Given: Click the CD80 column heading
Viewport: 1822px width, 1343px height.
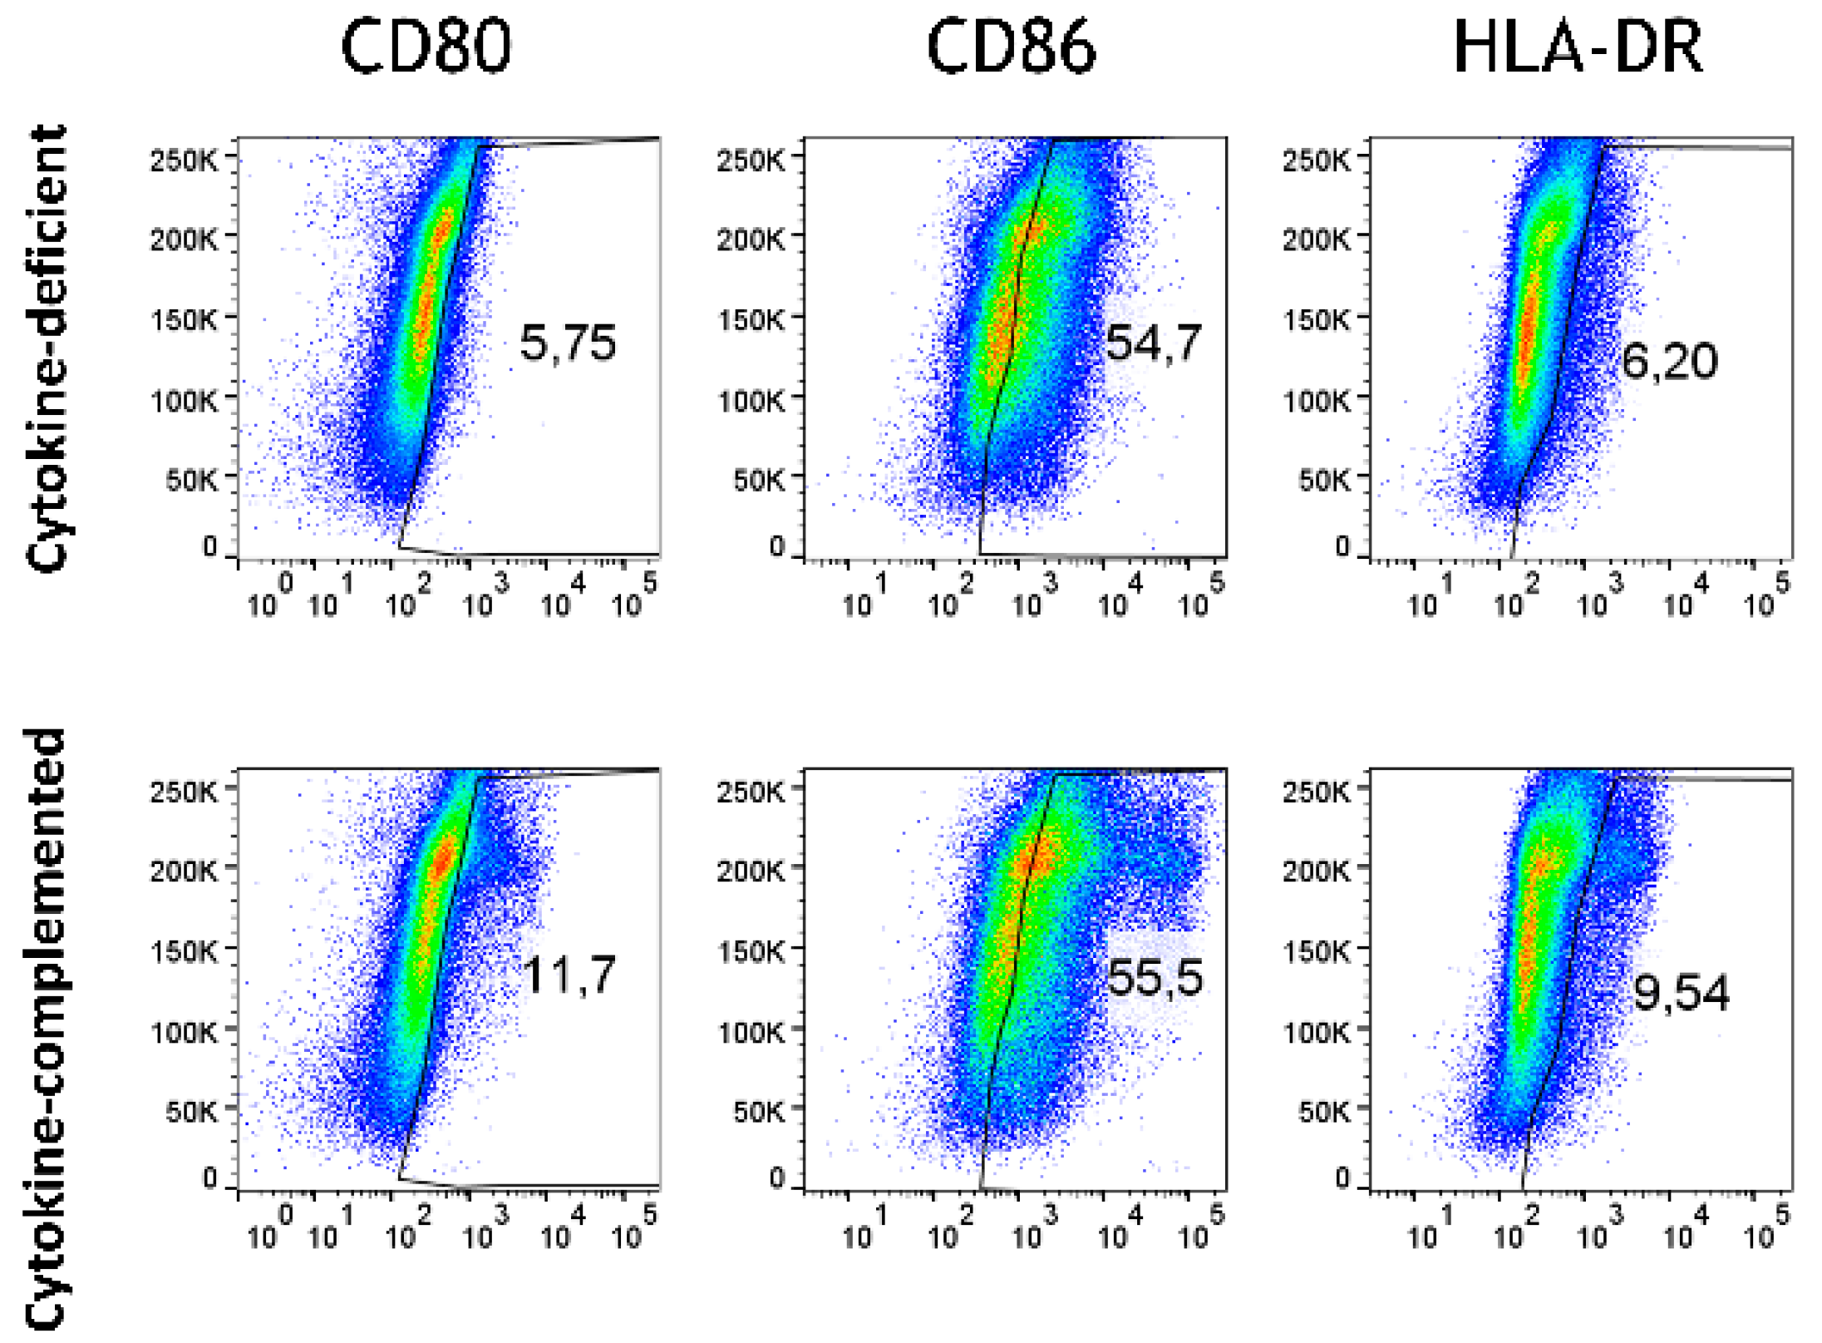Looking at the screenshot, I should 426,47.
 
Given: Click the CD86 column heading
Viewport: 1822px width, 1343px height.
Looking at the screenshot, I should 1011,47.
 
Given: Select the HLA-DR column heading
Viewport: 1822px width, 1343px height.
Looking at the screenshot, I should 1578,47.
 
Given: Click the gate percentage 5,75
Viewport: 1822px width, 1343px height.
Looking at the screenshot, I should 568,343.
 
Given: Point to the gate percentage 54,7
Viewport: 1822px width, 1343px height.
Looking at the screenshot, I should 1153,342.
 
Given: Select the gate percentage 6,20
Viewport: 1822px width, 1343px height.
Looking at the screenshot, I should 1669,361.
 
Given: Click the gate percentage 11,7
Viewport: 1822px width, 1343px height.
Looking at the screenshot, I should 569,975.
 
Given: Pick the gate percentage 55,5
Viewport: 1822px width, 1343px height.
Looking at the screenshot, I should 1155,976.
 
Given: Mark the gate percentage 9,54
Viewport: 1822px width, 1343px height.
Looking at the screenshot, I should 1681,992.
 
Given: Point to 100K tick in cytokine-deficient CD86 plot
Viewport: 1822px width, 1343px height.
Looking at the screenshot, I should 750,400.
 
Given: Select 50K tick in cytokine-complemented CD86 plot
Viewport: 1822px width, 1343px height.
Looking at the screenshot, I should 758,1111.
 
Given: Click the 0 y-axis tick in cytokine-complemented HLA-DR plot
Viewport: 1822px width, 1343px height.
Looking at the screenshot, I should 1342,1177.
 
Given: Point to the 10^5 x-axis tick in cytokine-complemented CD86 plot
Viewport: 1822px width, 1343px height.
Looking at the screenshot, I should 1201,1229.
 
